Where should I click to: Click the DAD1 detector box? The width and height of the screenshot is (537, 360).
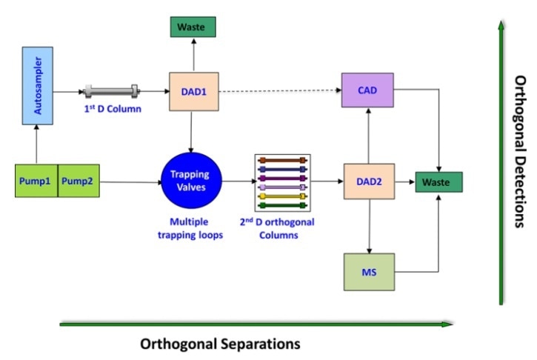(x=191, y=91)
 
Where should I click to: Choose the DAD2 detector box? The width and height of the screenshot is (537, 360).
(x=368, y=181)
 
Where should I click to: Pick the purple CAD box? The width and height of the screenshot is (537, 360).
(x=368, y=91)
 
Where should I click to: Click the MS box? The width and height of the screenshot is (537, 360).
(x=368, y=271)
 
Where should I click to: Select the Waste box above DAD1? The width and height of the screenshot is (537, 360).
(x=191, y=28)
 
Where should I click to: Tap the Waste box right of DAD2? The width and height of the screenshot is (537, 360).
(x=438, y=181)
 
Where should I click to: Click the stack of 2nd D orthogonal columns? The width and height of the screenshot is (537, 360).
(x=281, y=181)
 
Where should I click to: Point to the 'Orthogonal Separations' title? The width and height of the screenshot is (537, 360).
(x=220, y=344)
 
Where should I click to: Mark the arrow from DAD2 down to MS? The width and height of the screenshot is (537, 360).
(x=368, y=226)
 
